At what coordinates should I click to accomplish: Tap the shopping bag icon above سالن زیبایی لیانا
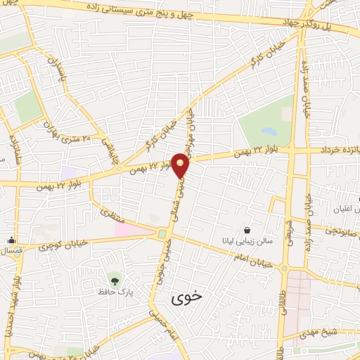(x=246, y=229)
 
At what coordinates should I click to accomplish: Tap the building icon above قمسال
(x=11, y=240)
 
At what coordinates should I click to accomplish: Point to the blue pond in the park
(x=269, y=131)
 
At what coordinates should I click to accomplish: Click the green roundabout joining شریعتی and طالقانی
(x=284, y=268)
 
